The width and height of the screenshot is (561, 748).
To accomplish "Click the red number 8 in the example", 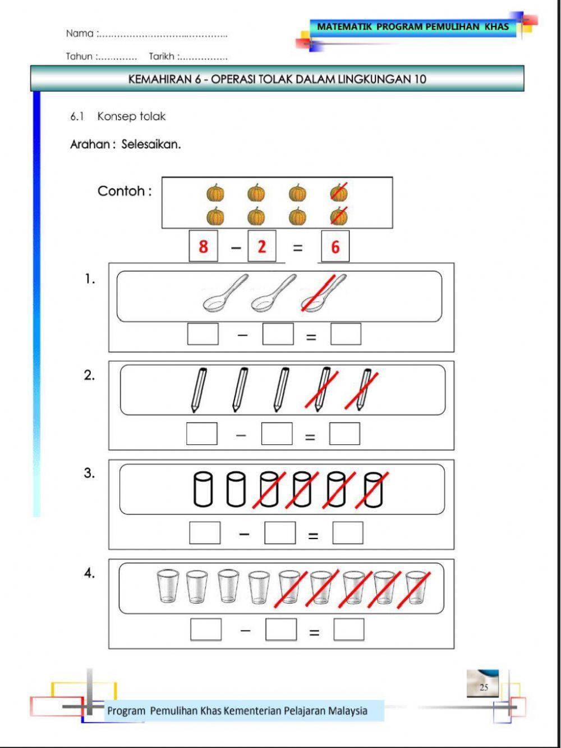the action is (203, 246).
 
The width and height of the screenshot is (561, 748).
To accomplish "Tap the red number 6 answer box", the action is (335, 247).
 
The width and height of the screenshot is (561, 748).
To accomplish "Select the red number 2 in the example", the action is (261, 246).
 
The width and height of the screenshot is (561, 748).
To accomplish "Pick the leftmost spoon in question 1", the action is (224, 293).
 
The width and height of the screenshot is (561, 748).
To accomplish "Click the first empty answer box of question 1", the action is (203, 334).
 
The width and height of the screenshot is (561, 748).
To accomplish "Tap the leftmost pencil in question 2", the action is (199, 389).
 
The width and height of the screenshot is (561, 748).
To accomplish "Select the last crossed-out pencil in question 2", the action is (363, 389).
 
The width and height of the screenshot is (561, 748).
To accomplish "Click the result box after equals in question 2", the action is (344, 434).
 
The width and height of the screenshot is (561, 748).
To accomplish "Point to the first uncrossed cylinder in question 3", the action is (203, 489).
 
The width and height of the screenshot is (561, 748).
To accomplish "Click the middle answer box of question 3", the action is (280, 532).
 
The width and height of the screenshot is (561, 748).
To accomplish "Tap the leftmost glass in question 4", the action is (168, 587).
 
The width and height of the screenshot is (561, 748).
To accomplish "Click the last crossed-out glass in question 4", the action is (416, 587).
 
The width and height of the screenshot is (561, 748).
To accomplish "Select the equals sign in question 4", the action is (314, 632).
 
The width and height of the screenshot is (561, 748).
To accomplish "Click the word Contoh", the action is (124, 191).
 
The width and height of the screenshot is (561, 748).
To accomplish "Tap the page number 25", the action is (484, 687).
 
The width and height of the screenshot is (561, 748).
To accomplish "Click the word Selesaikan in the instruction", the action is (151, 144).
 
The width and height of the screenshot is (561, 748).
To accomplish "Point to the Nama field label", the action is (80, 34).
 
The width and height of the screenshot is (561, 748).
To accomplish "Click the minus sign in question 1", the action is (242, 335).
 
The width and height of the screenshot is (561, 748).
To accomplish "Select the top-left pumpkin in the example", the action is (215, 193).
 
